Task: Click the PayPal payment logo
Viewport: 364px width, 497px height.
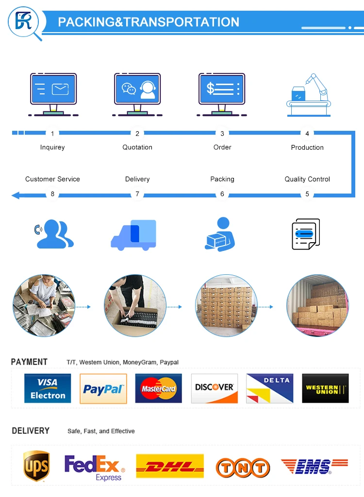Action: click(x=103, y=389)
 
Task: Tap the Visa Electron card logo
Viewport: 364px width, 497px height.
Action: click(x=48, y=389)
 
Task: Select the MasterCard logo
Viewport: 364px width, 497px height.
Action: click(x=158, y=389)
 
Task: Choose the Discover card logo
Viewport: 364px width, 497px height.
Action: click(x=214, y=388)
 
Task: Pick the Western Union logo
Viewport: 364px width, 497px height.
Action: click(x=325, y=389)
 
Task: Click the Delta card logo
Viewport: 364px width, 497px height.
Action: click(x=269, y=389)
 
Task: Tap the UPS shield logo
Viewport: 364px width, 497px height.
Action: click(x=36, y=466)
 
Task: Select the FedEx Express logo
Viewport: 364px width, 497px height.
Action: click(x=95, y=467)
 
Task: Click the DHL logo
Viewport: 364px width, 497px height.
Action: click(x=170, y=466)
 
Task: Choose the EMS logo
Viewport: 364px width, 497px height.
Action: click(x=314, y=466)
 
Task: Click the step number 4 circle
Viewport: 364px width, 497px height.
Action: click(x=307, y=133)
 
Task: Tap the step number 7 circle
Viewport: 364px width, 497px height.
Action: click(x=137, y=195)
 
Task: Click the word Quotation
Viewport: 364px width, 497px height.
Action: click(x=137, y=147)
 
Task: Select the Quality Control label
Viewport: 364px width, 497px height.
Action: click(x=307, y=179)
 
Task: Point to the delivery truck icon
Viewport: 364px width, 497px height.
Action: click(x=134, y=235)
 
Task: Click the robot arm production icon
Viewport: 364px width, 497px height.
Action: click(x=309, y=95)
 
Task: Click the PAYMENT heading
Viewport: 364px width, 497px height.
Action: click(x=29, y=362)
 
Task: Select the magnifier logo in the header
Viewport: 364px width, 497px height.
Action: click(x=23, y=22)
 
